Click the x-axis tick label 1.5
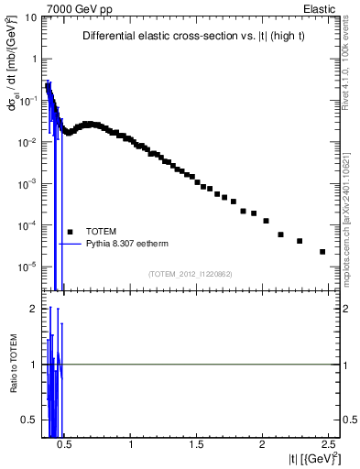point(197,446)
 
